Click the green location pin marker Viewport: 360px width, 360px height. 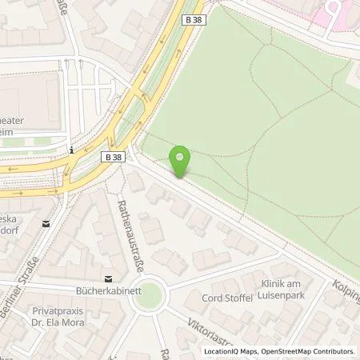point(182,161)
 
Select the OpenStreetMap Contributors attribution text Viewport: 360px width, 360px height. point(307,351)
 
